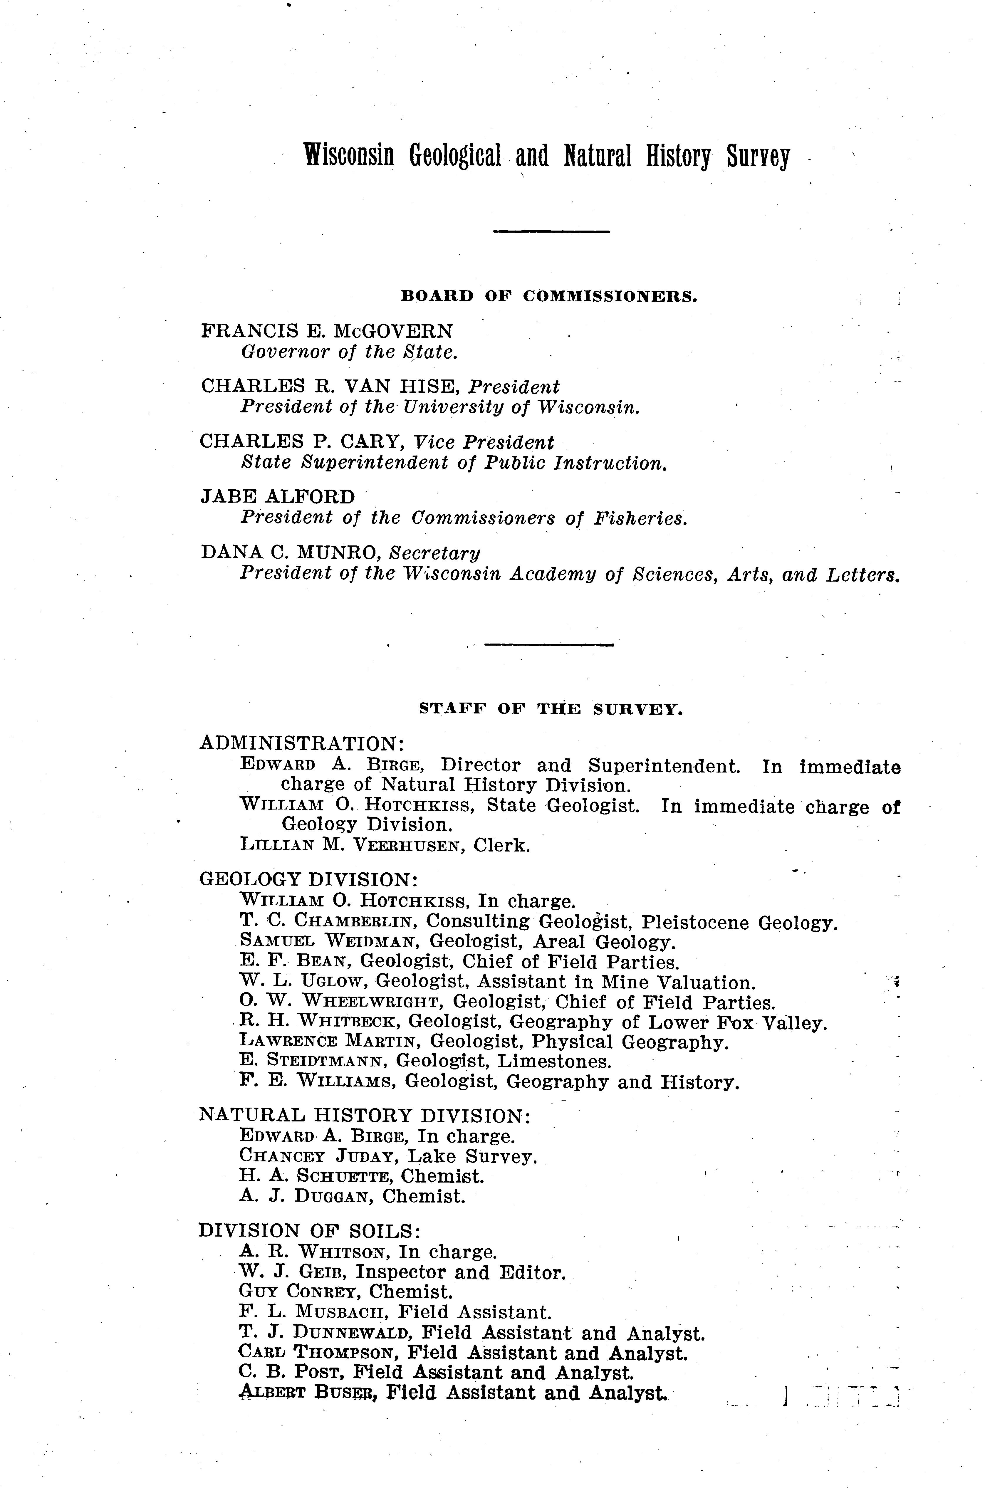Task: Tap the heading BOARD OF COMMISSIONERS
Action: pos(548,296)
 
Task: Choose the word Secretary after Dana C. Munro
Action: pos(435,553)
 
